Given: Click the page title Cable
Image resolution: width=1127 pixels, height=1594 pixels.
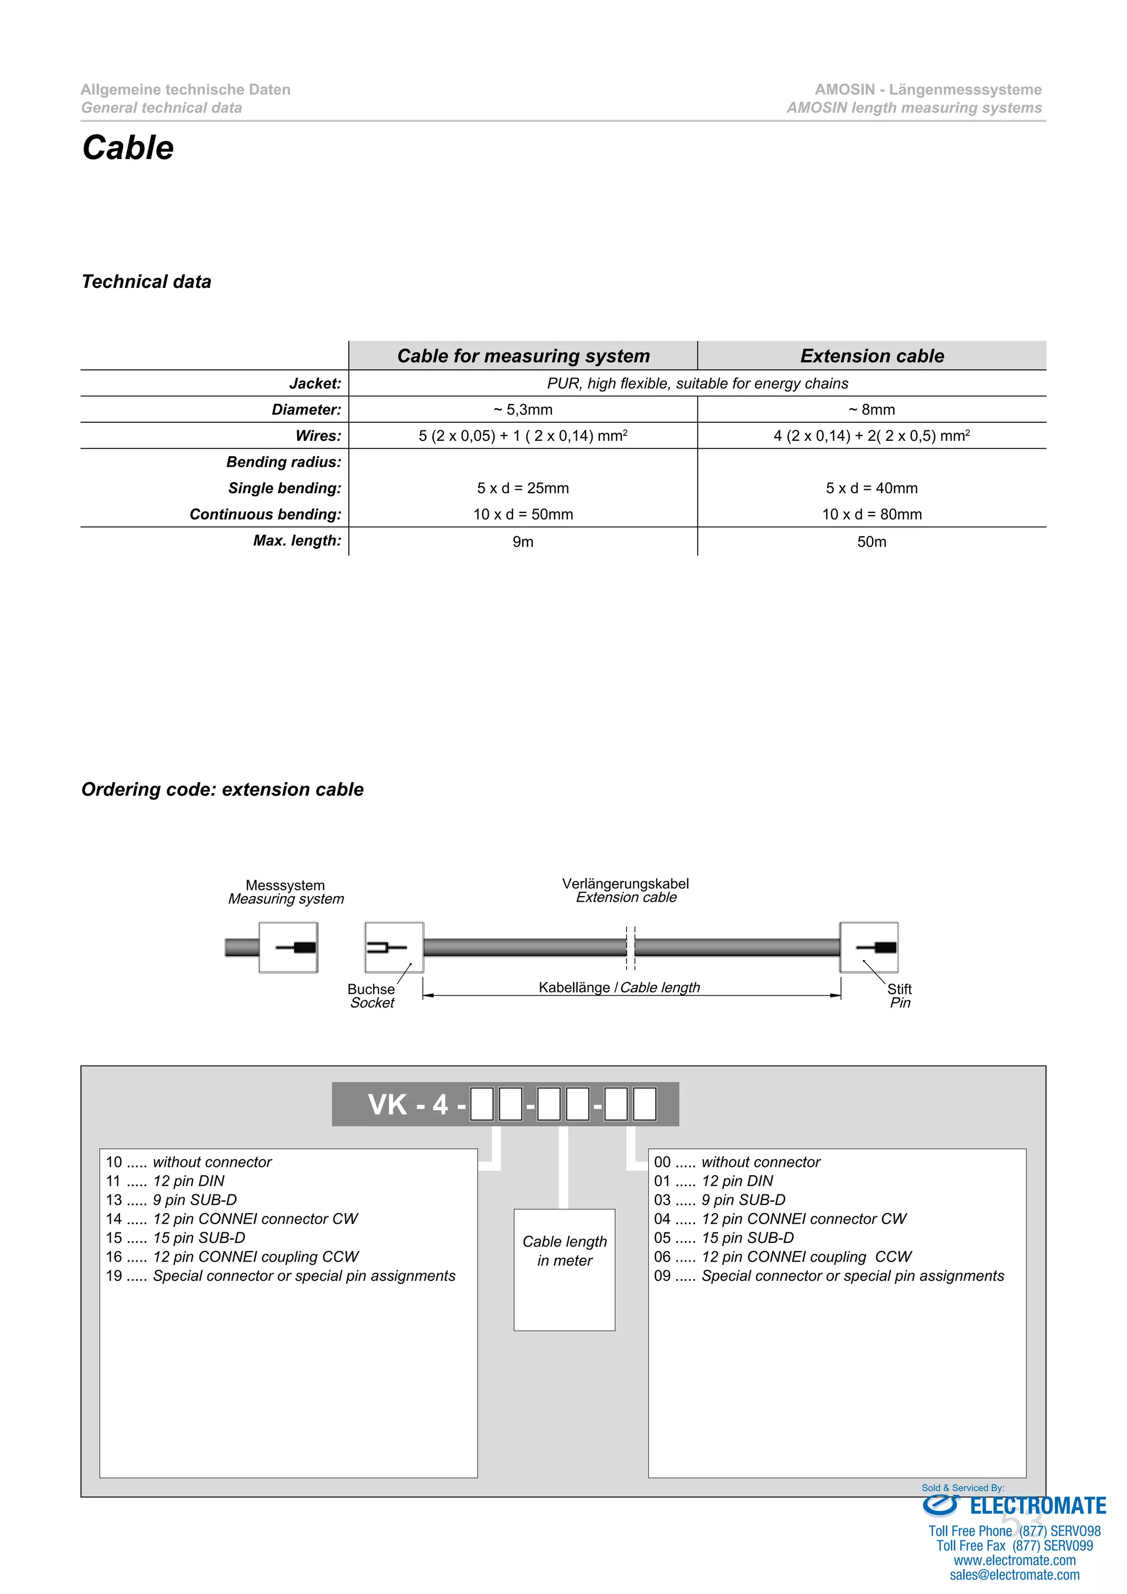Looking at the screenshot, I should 128,148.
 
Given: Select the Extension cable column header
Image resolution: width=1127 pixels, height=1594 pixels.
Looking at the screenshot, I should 872,356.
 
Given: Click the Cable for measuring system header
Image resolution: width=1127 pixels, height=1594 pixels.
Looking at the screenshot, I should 523,356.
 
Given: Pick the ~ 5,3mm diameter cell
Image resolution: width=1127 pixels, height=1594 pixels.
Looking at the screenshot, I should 523,410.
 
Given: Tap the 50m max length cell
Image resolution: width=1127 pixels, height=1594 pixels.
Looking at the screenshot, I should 872,542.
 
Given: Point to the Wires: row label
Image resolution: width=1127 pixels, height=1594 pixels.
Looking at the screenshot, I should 318,436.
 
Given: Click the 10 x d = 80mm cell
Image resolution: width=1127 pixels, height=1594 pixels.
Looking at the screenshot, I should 872,515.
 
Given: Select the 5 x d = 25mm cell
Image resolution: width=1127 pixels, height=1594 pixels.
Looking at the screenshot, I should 523,488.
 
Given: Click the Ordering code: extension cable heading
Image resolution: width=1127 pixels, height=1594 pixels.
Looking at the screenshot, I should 222,789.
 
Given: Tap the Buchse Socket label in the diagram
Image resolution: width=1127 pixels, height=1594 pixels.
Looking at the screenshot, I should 371,996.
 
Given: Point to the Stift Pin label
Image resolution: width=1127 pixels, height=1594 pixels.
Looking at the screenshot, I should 899,996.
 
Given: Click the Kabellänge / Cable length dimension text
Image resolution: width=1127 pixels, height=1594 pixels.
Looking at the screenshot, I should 619,987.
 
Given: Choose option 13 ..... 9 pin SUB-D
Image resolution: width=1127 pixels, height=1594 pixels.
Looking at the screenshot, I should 171,1200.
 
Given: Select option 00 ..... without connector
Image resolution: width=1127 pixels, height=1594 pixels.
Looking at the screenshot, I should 736,1162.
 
